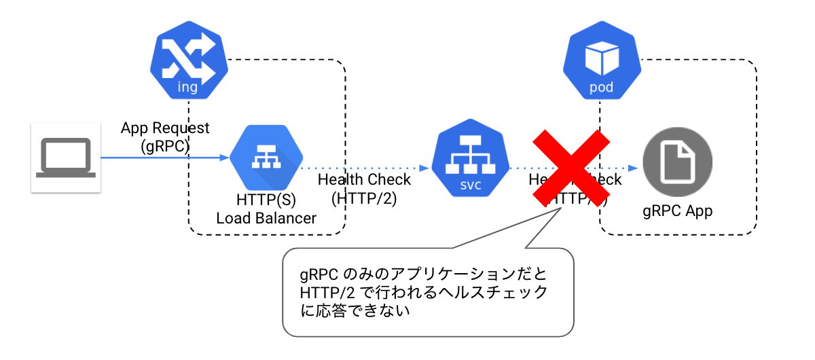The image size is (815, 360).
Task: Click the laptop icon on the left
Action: (66, 158)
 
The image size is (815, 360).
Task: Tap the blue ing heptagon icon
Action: (187, 63)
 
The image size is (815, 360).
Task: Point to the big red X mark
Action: (570, 167)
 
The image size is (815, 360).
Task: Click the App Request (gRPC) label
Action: (165, 137)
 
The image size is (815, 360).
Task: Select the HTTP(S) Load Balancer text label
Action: (266, 209)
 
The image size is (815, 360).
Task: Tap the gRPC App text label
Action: (677, 211)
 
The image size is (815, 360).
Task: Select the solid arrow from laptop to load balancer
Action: (163, 158)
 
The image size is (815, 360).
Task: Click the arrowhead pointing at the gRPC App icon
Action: (634, 168)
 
